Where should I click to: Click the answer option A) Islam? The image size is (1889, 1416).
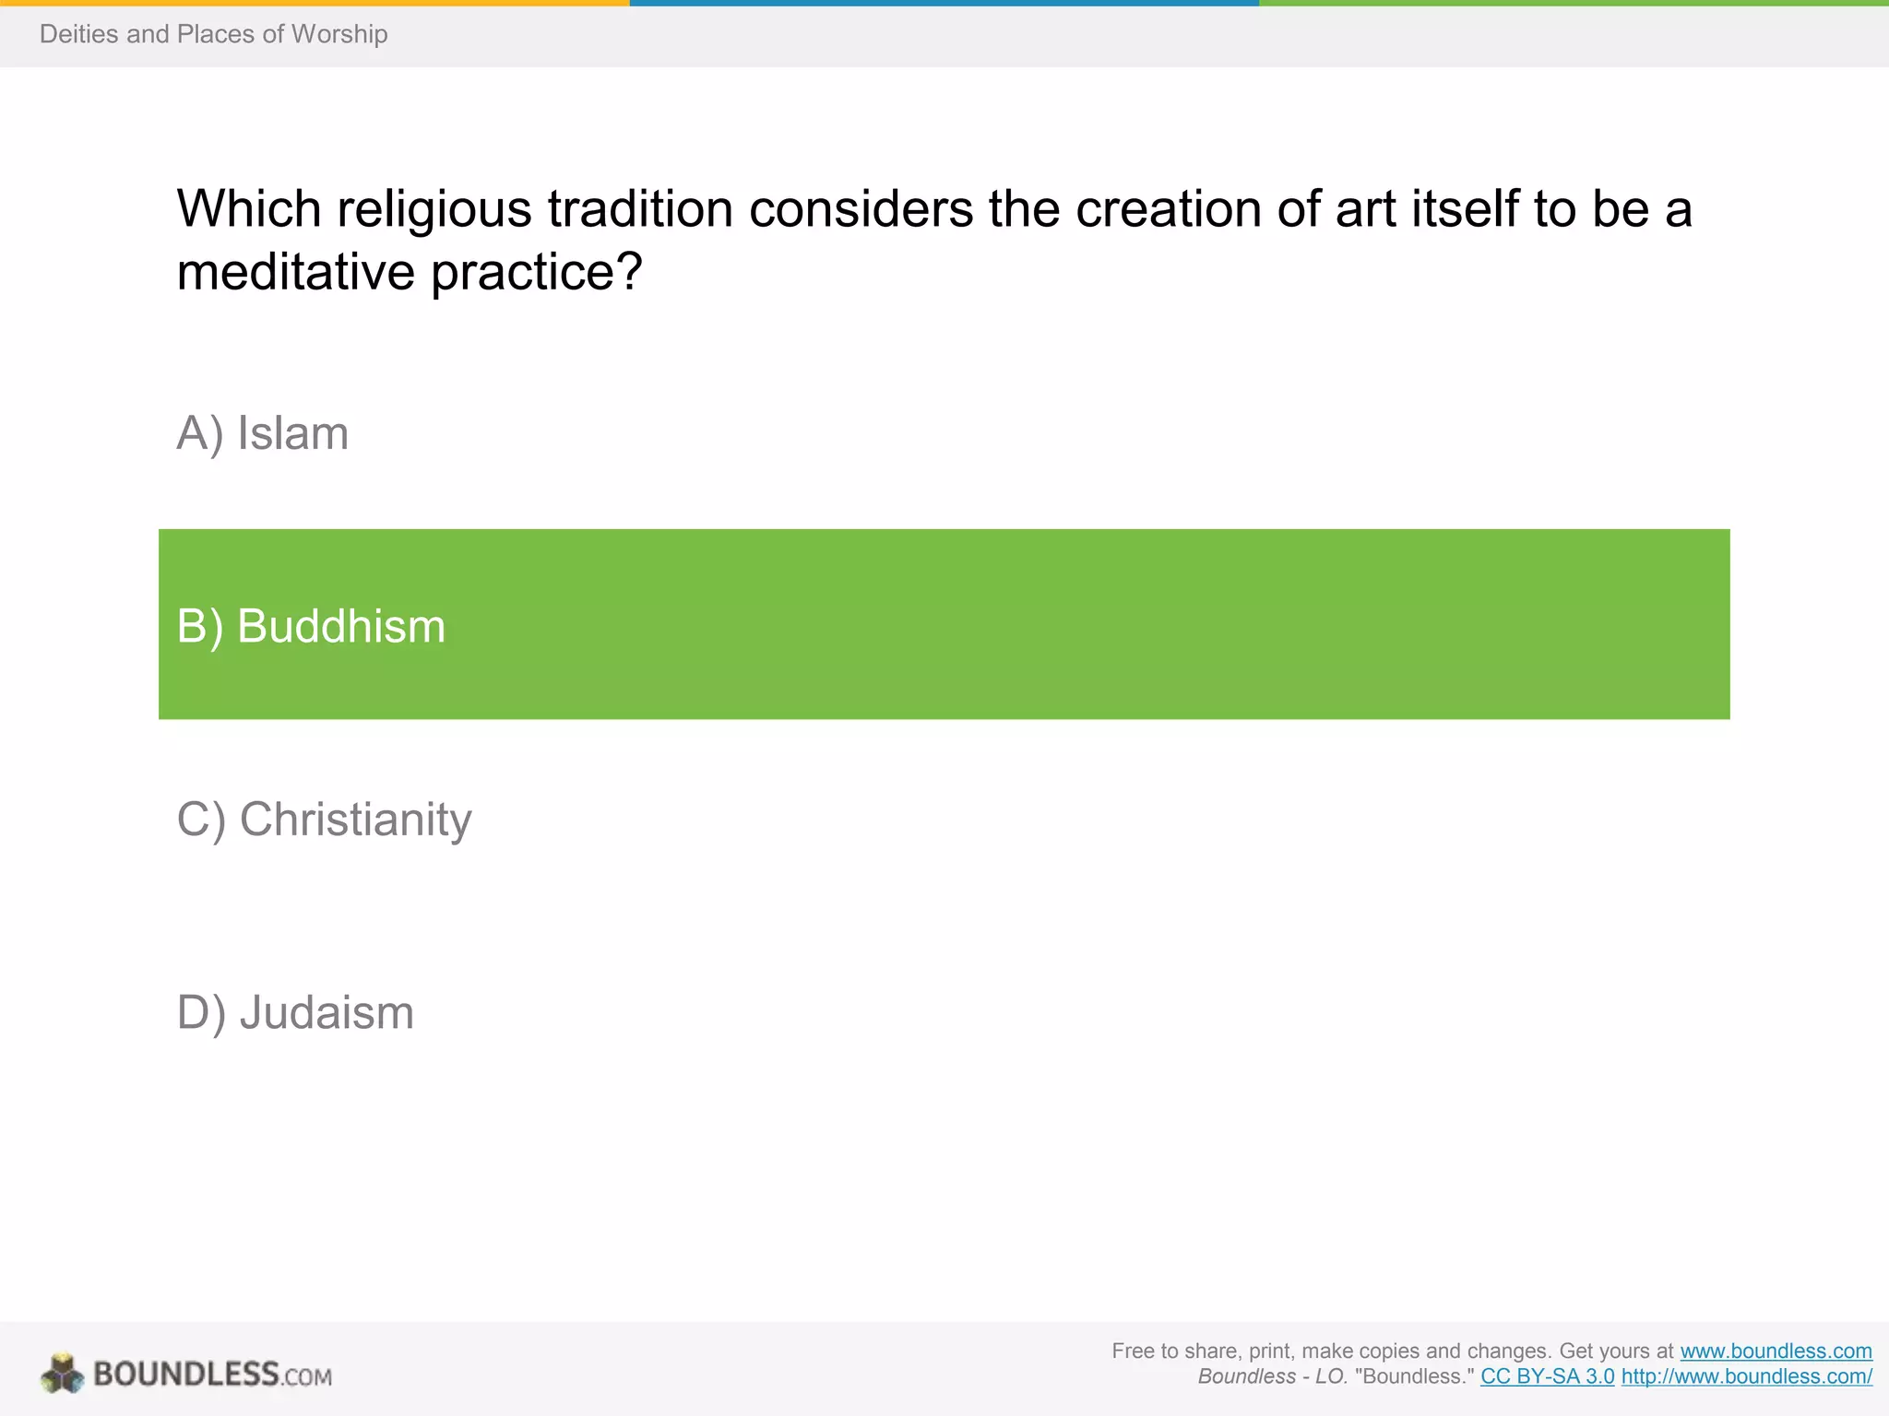[263, 433]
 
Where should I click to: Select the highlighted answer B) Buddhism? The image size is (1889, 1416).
[312, 626]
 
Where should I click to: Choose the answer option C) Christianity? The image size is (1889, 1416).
[324, 820]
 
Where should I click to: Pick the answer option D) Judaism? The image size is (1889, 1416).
[295, 1012]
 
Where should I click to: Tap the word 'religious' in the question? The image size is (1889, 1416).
[434, 210]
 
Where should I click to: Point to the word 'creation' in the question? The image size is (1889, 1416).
[1168, 208]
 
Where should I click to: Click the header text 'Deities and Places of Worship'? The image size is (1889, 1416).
[213, 34]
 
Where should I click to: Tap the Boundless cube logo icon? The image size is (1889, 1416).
[62, 1374]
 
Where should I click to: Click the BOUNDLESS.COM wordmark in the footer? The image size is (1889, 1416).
[212, 1375]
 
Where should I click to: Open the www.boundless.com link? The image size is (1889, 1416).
[1776, 1351]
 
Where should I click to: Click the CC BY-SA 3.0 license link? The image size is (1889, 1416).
[1547, 1376]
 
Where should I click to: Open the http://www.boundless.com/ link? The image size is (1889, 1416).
[1746, 1376]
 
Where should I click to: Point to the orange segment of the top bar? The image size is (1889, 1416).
[315, 3]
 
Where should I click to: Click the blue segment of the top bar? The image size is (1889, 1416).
[944, 3]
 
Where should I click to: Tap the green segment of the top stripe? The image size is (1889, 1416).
[1574, 3]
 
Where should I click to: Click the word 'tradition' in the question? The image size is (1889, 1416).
[640, 208]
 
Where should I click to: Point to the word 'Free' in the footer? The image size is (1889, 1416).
[1132, 1351]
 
